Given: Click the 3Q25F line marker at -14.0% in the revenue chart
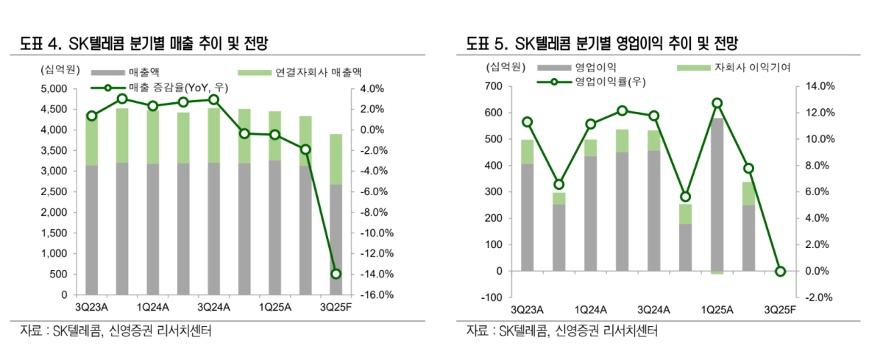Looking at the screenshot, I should tap(336, 274).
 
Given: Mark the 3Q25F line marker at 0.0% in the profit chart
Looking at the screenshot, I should tap(781, 272).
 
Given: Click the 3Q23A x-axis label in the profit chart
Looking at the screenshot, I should tap(526, 309).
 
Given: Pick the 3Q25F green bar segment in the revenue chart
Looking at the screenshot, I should tap(336, 159).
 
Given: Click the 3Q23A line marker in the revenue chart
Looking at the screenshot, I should tap(92, 116).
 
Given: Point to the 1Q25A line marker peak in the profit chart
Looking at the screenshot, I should tap(717, 104).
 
